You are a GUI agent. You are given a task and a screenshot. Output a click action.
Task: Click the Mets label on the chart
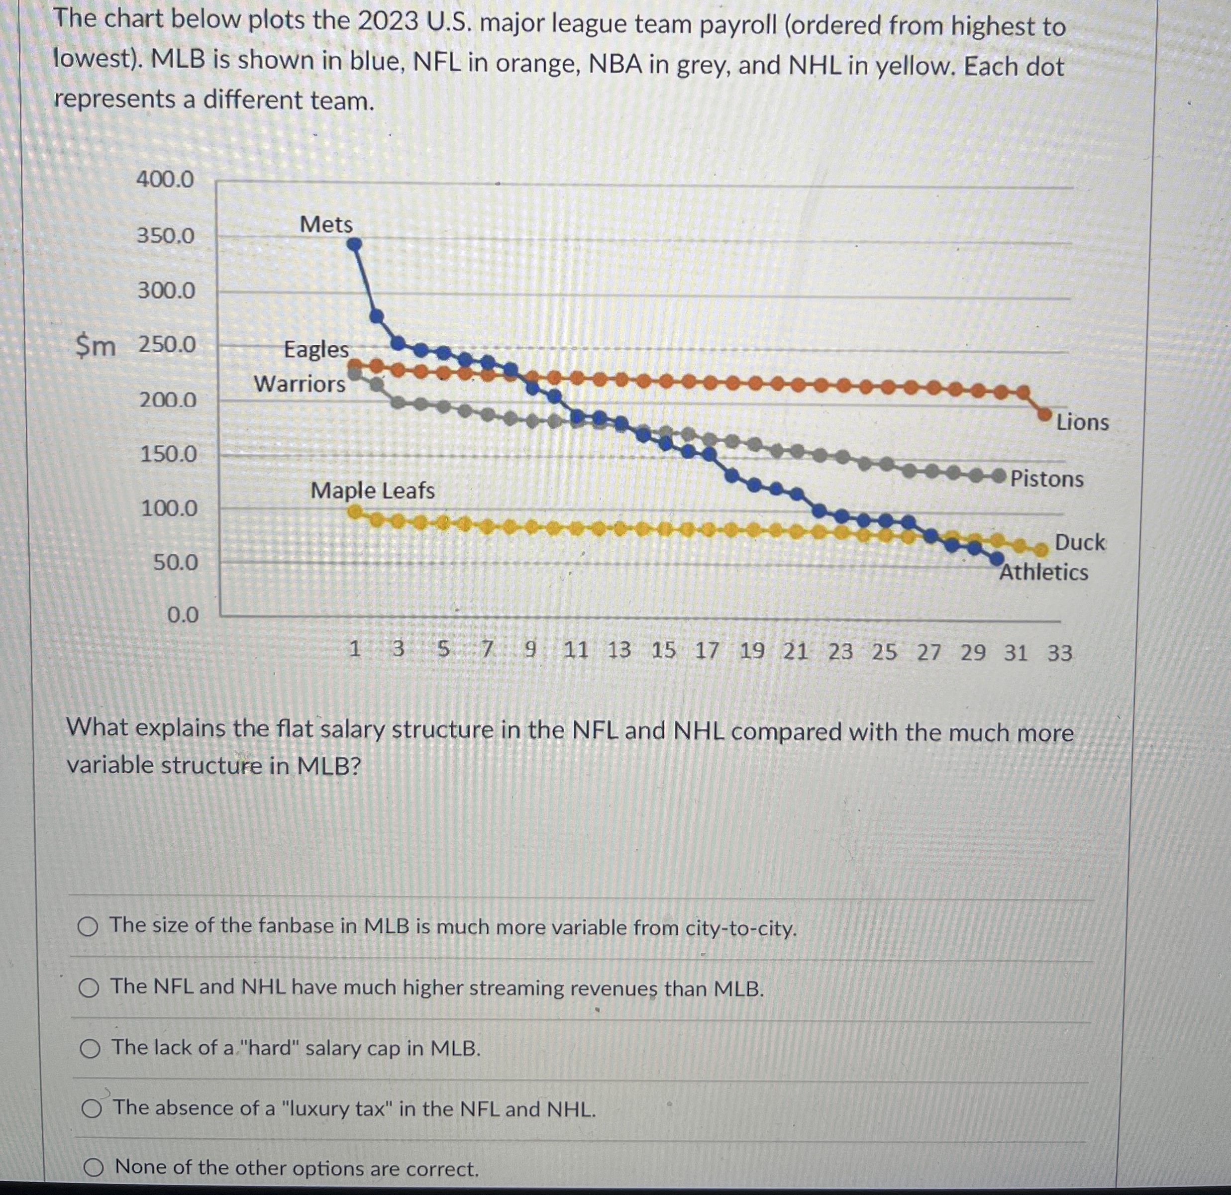[326, 224]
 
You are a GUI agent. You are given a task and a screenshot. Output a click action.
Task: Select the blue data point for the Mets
[355, 244]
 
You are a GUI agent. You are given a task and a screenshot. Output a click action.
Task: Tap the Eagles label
[316, 349]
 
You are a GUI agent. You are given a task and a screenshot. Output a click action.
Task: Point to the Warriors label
[300, 384]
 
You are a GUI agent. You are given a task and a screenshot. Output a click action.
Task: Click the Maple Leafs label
[373, 491]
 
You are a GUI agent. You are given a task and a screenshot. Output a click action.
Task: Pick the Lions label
[1082, 422]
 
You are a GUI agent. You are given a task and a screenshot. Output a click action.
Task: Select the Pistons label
[1047, 479]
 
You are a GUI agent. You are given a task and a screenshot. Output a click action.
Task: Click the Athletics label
[1044, 573]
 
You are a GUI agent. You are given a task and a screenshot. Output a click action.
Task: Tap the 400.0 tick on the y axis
[166, 180]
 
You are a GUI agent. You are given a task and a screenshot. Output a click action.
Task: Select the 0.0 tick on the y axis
[182, 615]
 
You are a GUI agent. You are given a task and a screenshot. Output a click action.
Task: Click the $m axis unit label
[96, 346]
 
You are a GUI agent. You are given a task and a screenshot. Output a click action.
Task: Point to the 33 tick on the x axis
[1059, 653]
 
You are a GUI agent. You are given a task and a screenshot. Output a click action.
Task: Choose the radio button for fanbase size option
[89, 927]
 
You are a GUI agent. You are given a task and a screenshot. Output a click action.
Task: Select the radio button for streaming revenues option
[89, 989]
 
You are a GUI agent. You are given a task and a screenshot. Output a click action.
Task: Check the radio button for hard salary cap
[91, 1049]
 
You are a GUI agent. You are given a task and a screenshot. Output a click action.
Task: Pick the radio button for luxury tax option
[92, 1109]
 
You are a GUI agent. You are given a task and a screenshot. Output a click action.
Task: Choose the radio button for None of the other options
[94, 1168]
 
